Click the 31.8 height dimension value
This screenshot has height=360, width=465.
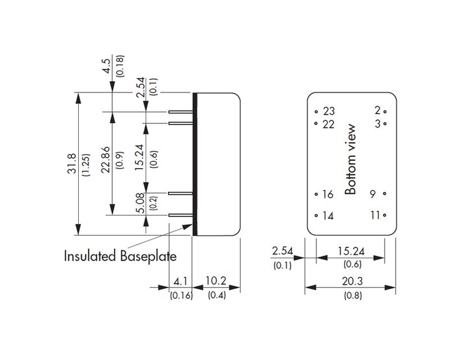pos(71,164)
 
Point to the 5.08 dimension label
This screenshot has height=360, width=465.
pos(140,203)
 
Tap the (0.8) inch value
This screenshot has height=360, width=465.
pos(350,295)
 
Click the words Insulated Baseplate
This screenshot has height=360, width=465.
pos(120,256)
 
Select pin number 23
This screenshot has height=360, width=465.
pos(329,111)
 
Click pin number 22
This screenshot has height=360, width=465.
pos(329,124)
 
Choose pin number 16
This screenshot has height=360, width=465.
pos(328,194)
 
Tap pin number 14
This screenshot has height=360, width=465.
pos(328,215)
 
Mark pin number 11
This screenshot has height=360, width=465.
pos(375,215)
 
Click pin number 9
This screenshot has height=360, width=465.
pos(373,194)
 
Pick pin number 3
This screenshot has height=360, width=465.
pos(378,123)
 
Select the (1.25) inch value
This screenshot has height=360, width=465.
pos(85,164)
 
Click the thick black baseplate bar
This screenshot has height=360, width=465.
pos(195,164)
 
